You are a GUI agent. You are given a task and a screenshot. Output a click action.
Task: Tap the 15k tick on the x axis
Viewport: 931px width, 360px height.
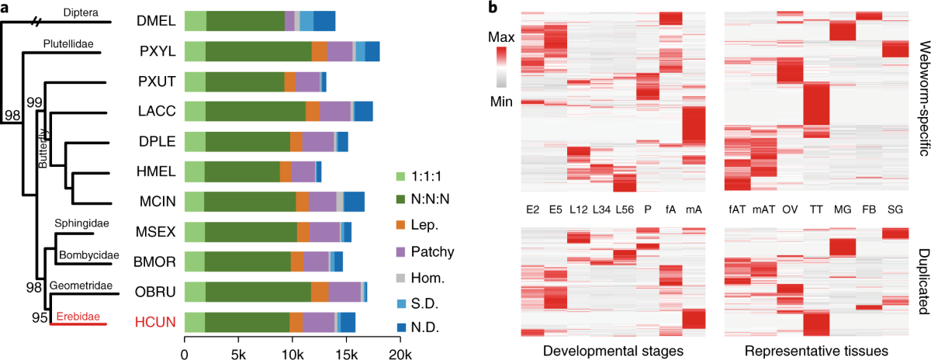346,333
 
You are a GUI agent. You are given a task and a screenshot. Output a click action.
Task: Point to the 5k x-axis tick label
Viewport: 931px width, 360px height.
238,333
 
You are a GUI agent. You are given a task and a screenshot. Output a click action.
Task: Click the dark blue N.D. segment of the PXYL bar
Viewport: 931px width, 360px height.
372,52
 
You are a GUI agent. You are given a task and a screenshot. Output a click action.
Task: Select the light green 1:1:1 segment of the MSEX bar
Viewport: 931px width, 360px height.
194,231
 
